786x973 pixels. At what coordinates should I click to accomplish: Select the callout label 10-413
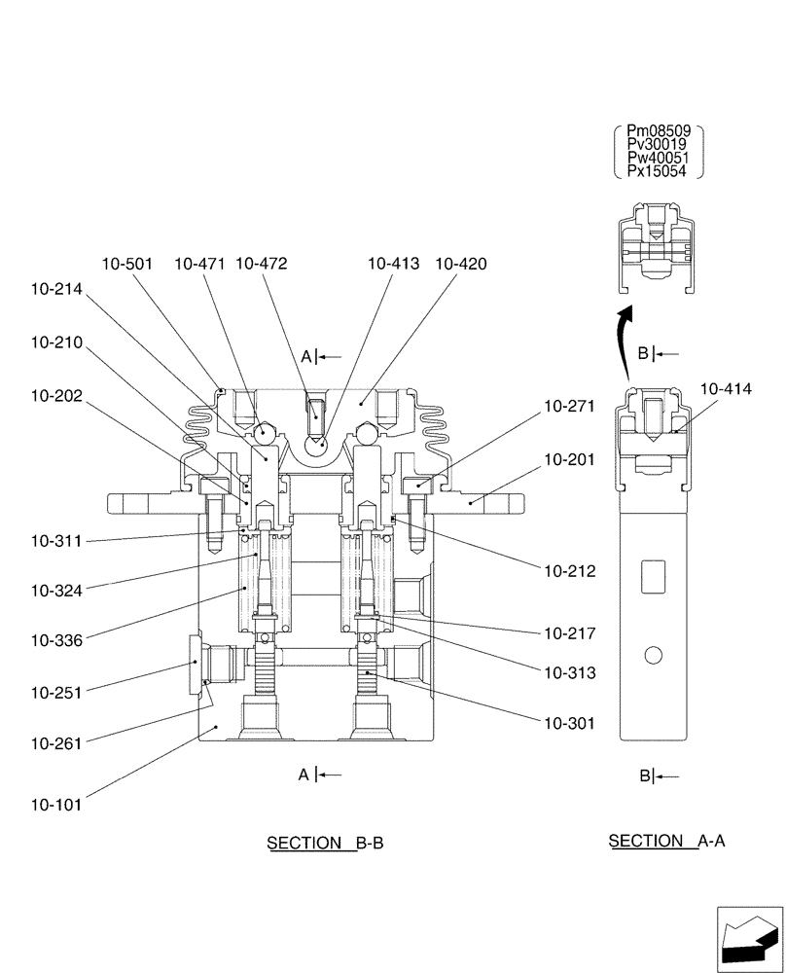point(393,264)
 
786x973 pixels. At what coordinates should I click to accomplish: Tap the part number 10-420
point(460,264)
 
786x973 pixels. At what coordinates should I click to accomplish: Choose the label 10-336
point(56,640)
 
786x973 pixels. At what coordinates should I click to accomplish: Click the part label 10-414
point(726,388)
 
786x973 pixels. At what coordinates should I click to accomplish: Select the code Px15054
point(659,171)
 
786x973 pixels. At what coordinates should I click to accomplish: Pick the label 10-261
point(56,742)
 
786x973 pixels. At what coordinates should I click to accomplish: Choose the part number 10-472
point(261,264)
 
